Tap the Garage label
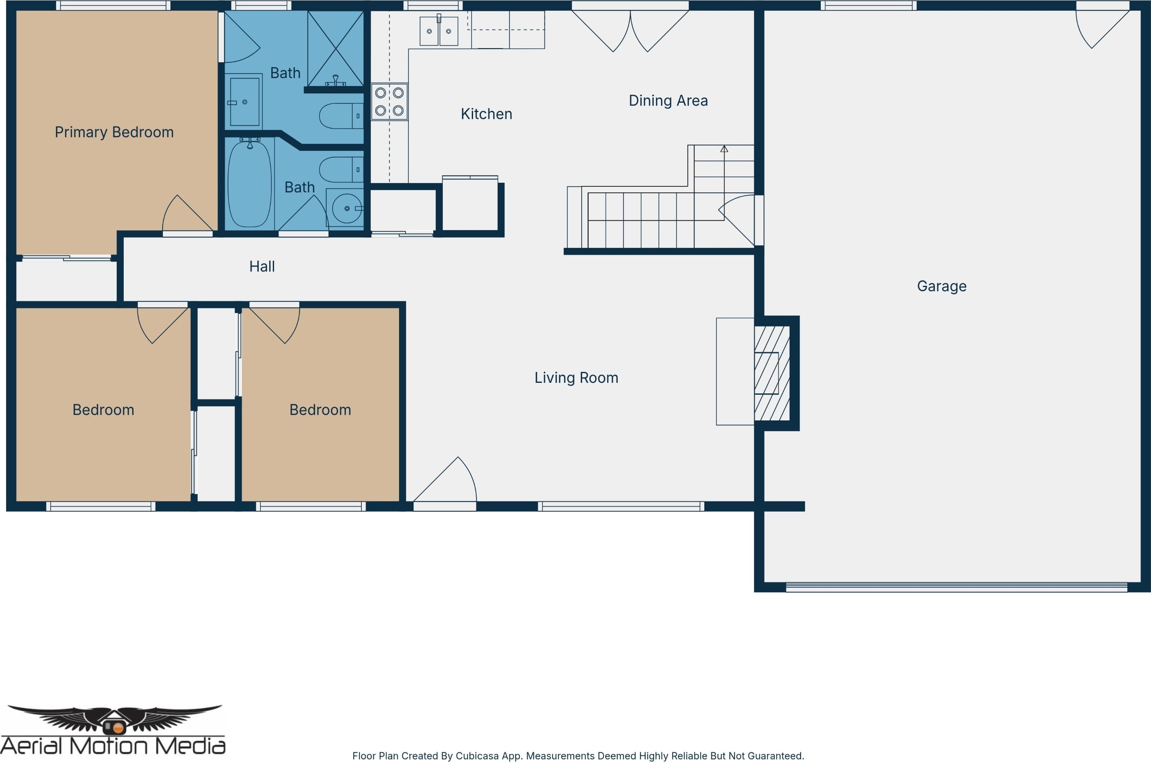942,286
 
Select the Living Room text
576,378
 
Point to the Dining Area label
668,101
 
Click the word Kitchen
486,114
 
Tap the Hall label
262,266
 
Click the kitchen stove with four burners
389,101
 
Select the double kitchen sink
439,31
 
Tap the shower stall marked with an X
336,49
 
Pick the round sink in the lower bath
346,209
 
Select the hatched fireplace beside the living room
772,373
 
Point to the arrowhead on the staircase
724,149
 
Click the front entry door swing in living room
445,479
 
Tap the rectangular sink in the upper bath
244,101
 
